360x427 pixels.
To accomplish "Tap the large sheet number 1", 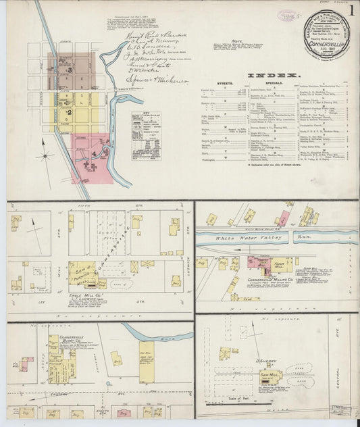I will point(351,14).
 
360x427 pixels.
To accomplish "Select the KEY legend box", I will point(150,135).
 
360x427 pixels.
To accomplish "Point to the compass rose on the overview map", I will point(45,155).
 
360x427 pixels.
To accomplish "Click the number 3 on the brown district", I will point(70,70).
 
